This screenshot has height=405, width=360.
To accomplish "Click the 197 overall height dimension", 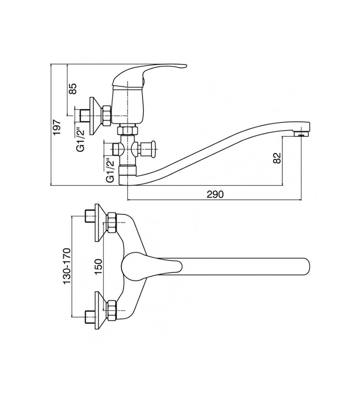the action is click(57, 127).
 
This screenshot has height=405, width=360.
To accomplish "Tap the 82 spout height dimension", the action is click(277, 158).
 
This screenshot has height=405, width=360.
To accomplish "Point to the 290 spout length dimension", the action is click(215, 194).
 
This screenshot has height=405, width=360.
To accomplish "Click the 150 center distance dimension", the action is click(99, 266).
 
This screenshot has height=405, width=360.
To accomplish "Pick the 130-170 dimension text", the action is click(67, 266).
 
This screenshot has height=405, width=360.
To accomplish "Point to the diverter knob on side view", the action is click(153, 148).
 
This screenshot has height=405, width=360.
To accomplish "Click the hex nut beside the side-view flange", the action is click(107, 115).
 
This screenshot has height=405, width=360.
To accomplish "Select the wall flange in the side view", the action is click(95, 116).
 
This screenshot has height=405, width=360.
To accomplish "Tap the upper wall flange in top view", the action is click(101, 223).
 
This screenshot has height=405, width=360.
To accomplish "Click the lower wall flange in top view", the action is click(101, 310).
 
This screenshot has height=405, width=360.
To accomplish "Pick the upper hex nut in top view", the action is click(112, 222).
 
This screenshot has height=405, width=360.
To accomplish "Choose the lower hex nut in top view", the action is click(112, 310).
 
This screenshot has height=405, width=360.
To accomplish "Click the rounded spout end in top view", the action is click(306, 266).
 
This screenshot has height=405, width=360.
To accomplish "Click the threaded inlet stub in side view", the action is click(83, 116).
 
